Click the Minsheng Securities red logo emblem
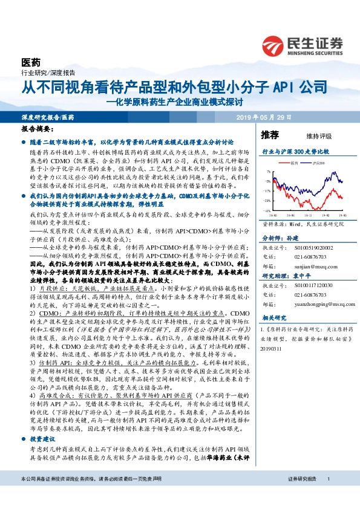coord(275,45)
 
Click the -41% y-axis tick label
coord(267,211)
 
